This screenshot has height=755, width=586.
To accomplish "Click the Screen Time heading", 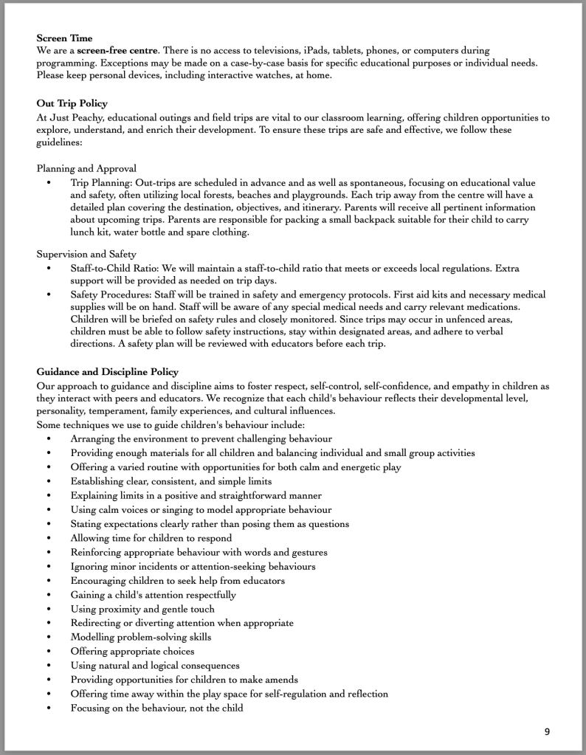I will pos(64,36).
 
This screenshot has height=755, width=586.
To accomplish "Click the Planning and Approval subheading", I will pos(86,168).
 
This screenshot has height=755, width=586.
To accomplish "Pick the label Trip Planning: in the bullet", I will pos(103,182).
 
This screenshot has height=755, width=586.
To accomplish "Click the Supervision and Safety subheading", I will pos(86,254).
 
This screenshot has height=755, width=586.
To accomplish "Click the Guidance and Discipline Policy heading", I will pos(107,371).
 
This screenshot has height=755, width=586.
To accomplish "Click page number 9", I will pos(547,731).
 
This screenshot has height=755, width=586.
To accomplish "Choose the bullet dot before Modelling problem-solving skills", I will pos(49,637).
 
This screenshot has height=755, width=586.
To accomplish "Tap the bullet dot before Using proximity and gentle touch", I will pos(49,609).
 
